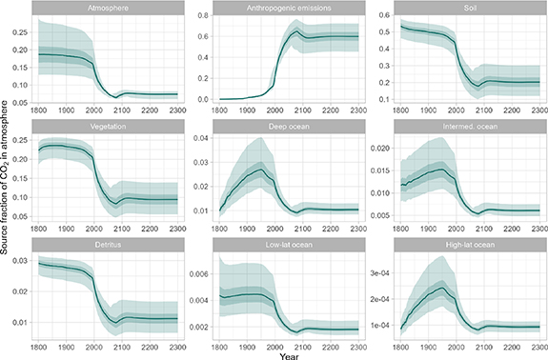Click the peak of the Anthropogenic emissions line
(297, 32)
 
